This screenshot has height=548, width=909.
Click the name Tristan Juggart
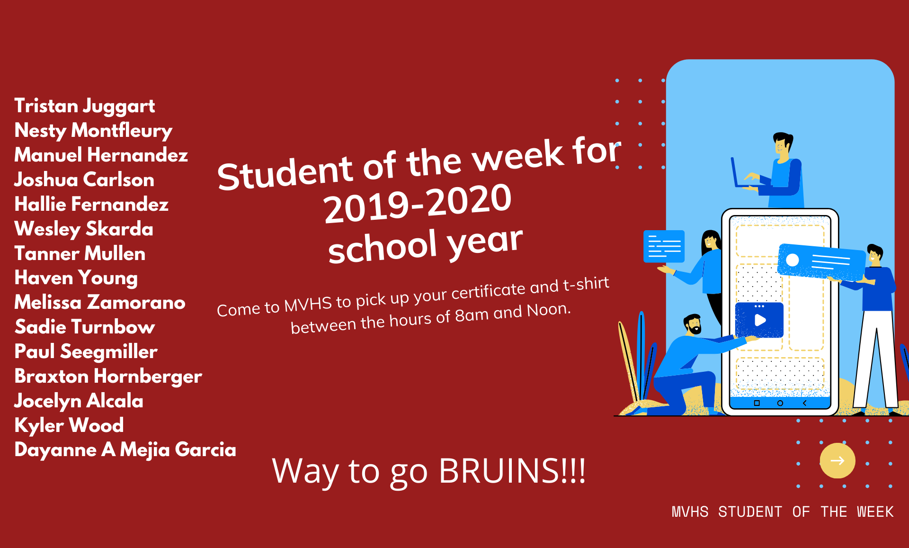(85, 106)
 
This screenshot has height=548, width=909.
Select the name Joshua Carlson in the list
(84, 180)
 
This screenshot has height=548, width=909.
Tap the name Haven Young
(76, 278)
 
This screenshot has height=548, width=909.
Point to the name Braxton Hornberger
(108, 377)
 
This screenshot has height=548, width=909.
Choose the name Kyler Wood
(69, 425)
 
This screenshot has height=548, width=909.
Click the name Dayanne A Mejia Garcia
(125, 450)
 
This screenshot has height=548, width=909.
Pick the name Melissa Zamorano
(100, 303)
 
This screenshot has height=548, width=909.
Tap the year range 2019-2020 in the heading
(418, 203)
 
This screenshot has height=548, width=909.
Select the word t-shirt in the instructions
(586, 284)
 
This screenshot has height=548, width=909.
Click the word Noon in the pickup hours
(549, 310)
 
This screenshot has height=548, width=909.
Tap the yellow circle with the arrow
(838, 460)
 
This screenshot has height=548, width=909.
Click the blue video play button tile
(759, 320)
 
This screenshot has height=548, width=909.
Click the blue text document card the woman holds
(664, 246)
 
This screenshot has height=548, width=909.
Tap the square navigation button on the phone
(757, 403)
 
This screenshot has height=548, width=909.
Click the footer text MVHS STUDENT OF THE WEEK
(783, 512)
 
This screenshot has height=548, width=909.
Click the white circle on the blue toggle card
(793, 260)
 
